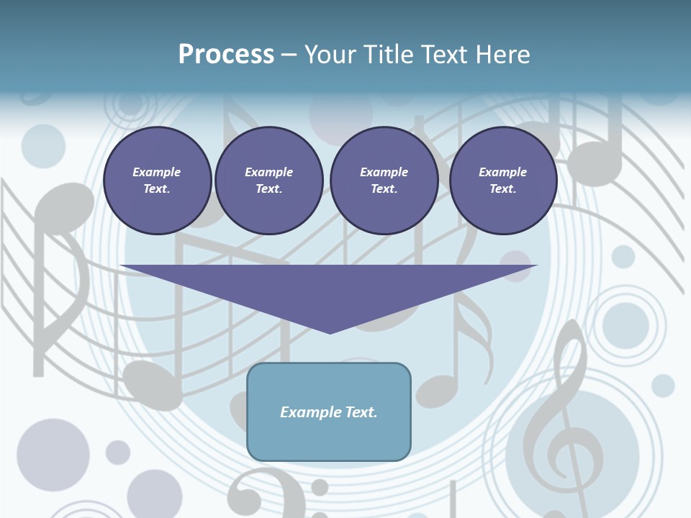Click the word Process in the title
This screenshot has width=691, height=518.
pos(226,55)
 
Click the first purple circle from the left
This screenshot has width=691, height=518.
pos(158,181)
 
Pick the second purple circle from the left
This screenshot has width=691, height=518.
pos(269,181)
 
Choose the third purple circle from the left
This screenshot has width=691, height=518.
pos(384,181)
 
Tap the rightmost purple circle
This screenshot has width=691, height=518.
pos(503,181)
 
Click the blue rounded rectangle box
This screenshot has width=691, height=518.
pos(329,412)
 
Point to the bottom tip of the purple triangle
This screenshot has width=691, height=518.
pos(330,332)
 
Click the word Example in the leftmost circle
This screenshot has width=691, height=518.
pos(157,172)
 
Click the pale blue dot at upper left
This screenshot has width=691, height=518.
pos(43,146)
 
